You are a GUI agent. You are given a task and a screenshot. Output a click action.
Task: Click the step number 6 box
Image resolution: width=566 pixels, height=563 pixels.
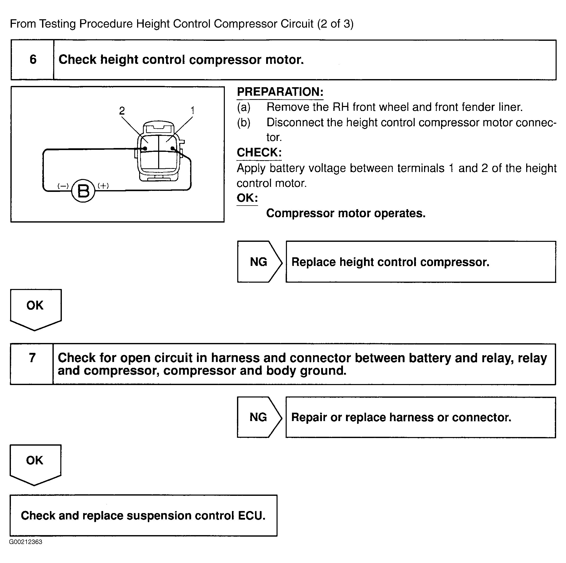tap(33, 60)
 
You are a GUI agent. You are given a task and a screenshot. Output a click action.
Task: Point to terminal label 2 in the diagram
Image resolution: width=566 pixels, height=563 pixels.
tap(122, 111)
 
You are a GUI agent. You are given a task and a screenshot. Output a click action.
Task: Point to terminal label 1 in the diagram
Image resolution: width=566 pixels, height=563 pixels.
tap(192, 111)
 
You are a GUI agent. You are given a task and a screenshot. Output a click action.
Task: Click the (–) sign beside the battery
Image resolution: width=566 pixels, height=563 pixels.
tap(63, 186)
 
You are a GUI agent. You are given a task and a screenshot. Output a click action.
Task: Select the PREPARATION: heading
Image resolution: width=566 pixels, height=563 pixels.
tap(280, 92)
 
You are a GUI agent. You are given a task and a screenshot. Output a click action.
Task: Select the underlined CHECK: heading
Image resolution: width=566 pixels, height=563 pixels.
tap(259, 153)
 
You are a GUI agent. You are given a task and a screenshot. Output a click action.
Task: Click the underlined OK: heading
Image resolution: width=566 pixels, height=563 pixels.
tap(247, 198)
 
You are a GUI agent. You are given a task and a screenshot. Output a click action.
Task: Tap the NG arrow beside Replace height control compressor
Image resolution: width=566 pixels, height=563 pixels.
tap(259, 262)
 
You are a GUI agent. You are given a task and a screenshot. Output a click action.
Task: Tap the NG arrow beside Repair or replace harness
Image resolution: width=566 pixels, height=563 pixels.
tap(259, 417)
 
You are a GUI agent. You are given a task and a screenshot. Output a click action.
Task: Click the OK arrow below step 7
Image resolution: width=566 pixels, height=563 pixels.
tap(35, 463)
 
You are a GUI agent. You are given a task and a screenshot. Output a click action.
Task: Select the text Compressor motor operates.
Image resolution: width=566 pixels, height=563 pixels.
tap(346, 213)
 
